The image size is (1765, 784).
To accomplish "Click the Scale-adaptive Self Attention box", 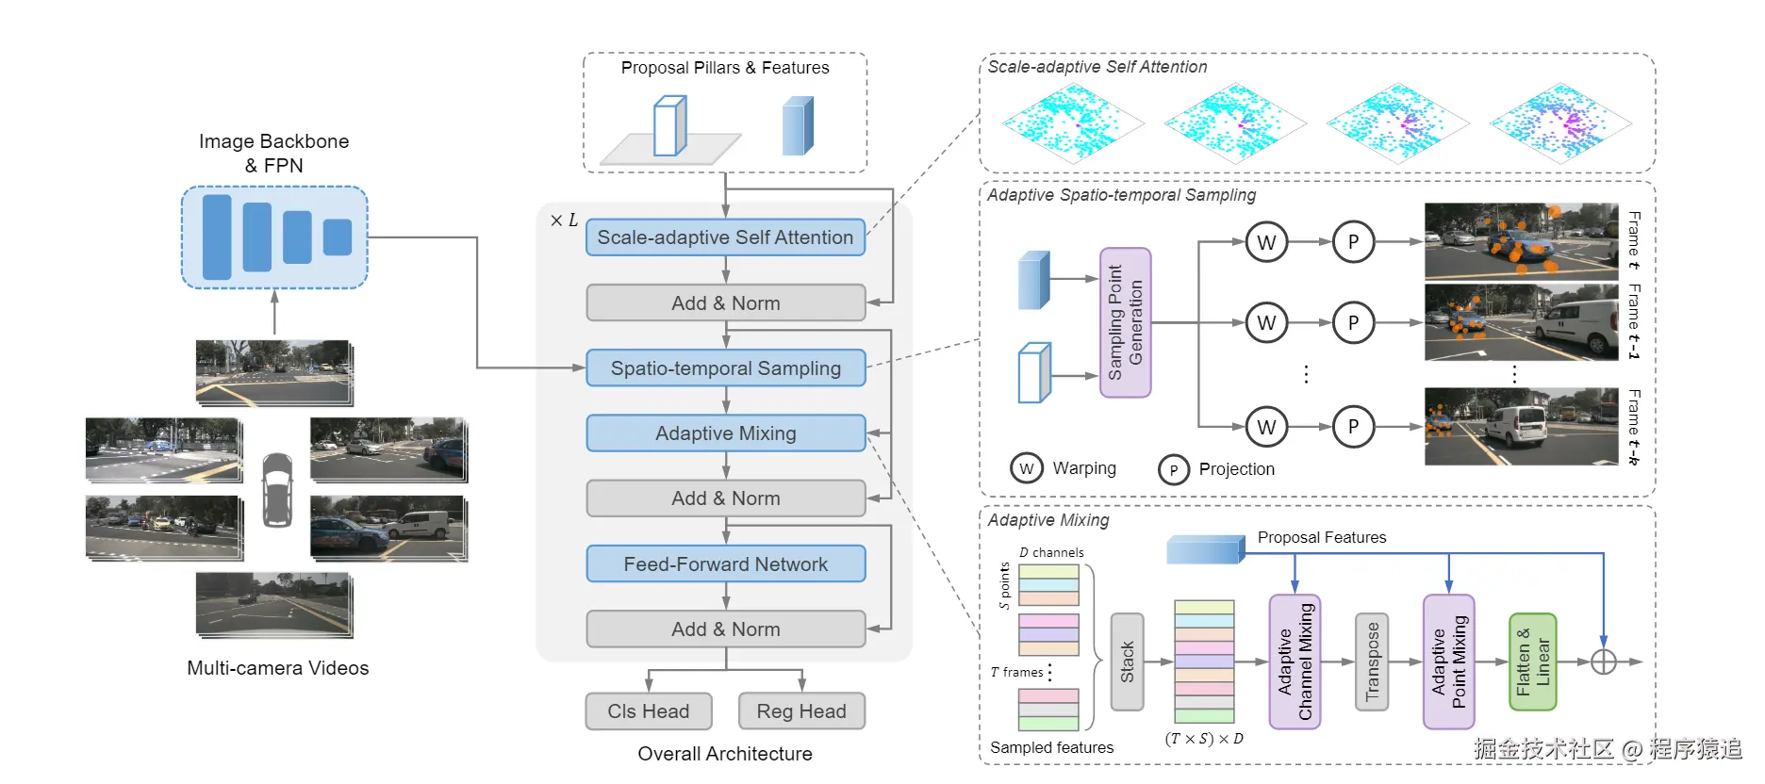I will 725,237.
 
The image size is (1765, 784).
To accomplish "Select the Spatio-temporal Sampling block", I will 725,368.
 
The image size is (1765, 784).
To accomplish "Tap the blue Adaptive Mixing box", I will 725,433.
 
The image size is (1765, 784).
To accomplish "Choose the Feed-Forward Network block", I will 725,564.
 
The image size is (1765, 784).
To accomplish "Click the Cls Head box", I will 649,711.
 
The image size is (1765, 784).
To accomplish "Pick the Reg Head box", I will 801,711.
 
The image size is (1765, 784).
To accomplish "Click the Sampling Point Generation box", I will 1126,322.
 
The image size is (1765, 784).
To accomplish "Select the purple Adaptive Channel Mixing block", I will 1295,661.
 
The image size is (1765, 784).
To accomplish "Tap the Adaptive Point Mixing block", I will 1448,661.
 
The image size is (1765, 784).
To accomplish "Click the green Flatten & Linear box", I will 1532,661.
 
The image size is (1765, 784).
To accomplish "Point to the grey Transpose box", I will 1372,661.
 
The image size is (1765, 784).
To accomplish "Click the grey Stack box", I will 1127,661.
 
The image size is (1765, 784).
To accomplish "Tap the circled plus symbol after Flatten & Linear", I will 1604,661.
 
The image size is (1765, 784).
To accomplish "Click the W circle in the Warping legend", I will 1027,468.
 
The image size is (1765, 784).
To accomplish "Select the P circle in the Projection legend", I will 1174,469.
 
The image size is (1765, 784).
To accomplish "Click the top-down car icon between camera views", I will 277,490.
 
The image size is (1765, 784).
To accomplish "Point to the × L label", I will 564,220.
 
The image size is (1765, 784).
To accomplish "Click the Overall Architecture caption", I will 724,754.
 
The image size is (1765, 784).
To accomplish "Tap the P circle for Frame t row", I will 1353,242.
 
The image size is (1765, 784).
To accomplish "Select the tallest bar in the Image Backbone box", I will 217,237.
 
